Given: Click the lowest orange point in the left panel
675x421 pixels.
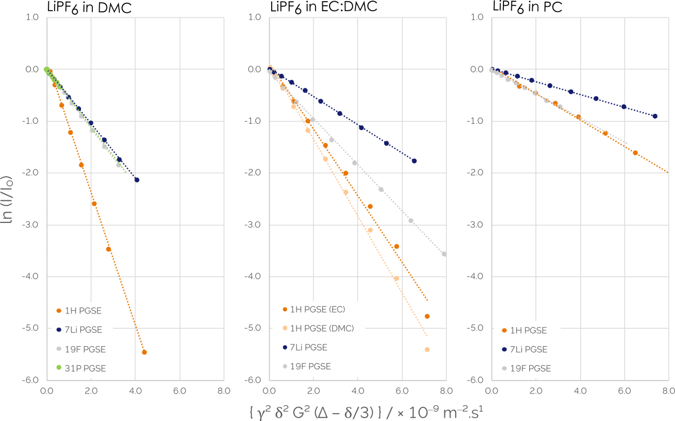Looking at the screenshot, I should (145, 352).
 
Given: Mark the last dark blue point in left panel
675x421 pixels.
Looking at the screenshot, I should (137, 180).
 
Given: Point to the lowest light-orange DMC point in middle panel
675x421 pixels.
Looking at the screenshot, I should (427, 350).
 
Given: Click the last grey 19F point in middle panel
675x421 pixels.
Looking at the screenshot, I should (444, 254).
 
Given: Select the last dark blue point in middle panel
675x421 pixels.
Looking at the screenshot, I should (414, 161).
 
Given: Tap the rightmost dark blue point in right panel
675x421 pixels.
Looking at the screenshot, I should (655, 116).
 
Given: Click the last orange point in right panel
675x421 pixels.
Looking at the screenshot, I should (635, 153).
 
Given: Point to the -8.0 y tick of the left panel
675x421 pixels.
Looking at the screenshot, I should (31, 380).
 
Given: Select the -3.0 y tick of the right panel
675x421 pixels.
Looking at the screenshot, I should (476, 225).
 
